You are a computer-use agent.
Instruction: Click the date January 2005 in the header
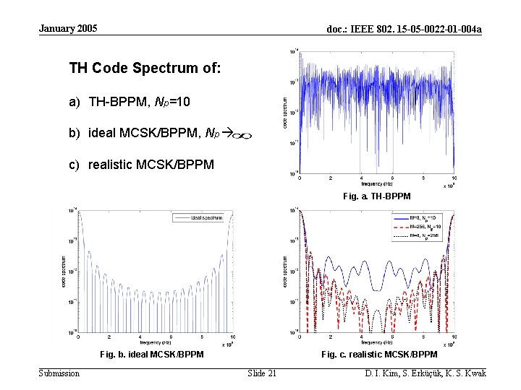coord(67,29)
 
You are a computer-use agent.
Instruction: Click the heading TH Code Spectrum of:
coord(145,69)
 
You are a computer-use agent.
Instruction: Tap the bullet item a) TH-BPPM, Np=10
coord(130,103)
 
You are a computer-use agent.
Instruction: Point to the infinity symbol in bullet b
coord(244,135)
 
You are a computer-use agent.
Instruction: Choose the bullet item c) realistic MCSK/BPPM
coord(141,165)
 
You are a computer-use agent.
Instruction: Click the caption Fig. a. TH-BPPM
coord(376,196)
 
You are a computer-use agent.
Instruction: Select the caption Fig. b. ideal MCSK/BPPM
coord(151,355)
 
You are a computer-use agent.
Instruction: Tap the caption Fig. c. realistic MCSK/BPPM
coord(379,355)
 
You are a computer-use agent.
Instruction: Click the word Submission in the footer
coord(59,373)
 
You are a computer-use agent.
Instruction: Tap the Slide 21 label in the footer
coord(261,373)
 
